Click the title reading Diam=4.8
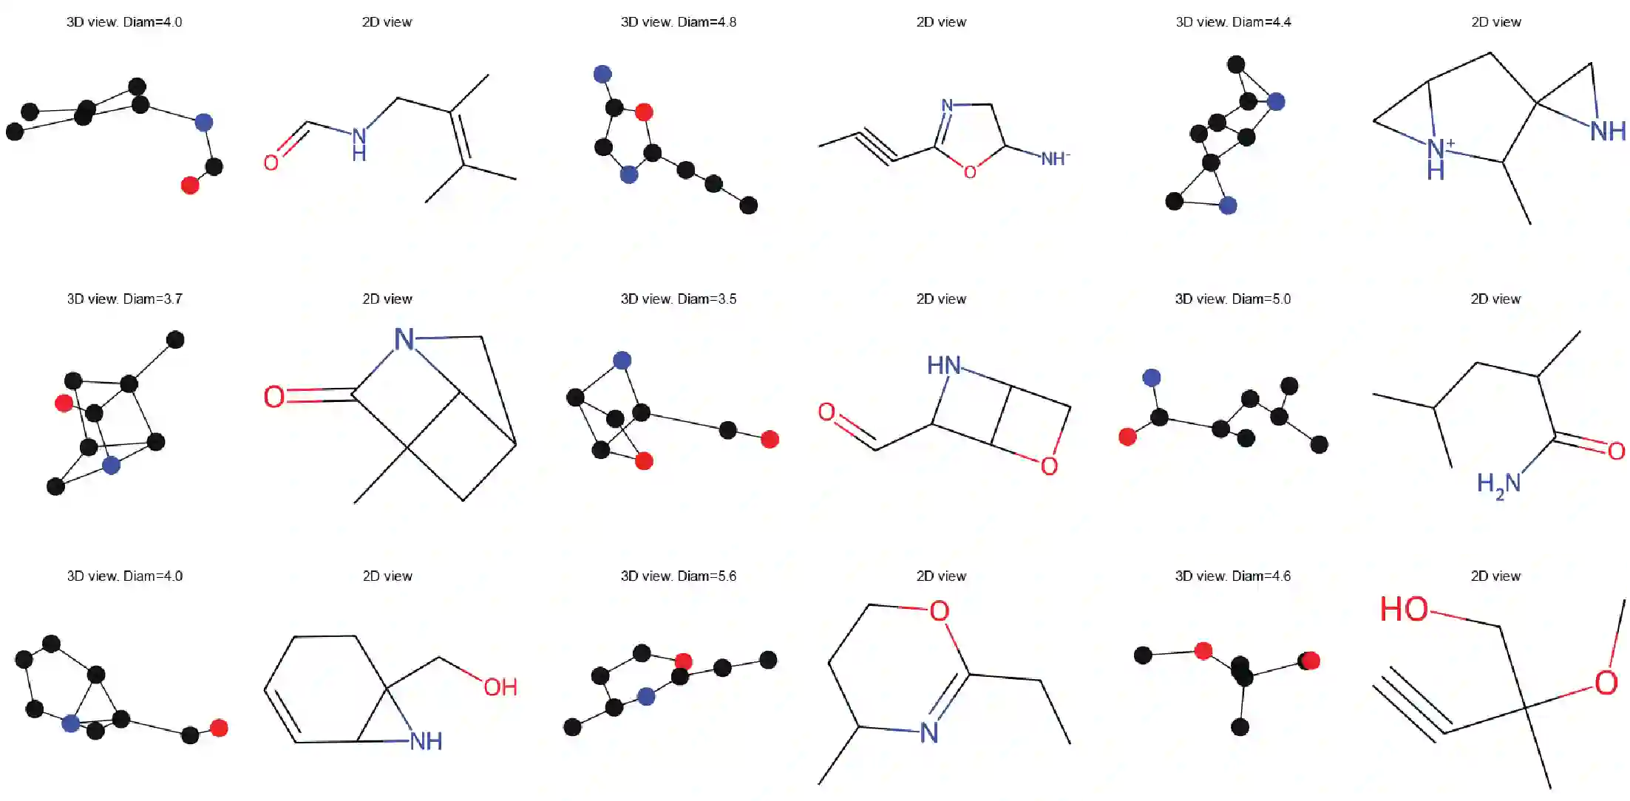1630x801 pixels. click(x=678, y=22)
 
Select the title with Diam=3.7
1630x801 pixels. click(x=124, y=299)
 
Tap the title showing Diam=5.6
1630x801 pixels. click(x=678, y=576)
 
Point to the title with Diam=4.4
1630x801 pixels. click(x=1233, y=22)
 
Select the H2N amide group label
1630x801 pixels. click(x=1498, y=485)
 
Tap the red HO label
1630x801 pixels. click(x=1404, y=610)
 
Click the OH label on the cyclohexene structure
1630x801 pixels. click(x=500, y=687)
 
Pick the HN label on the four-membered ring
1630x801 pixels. click(x=944, y=365)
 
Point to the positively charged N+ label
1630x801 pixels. click(x=1439, y=148)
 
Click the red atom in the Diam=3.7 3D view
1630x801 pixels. click(x=64, y=403)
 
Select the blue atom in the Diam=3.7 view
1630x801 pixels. click(x=111, y=465)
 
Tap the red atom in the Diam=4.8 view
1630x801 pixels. click(x=644, y=112)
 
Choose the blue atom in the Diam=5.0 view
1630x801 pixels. click(x=1151, y=378)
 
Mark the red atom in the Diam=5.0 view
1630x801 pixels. click(x=1127, y=437)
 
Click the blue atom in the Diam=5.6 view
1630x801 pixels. click(x=646, y=696)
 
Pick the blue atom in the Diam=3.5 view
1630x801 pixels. click(x=622, y=360)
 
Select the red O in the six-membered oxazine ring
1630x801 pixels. click(x=939, y=611)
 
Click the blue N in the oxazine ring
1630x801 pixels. click(x=929, y=732)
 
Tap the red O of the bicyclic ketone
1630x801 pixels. click(x=274, y=397)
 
